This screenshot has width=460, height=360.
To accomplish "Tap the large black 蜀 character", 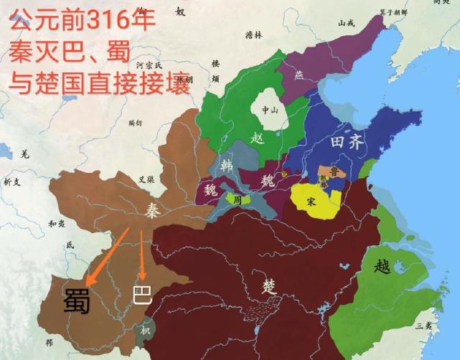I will [x=76, y=300].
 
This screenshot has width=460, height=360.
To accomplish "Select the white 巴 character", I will [x=143, y=295].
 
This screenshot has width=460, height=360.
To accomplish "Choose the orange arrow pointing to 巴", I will [x=143, y=255].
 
